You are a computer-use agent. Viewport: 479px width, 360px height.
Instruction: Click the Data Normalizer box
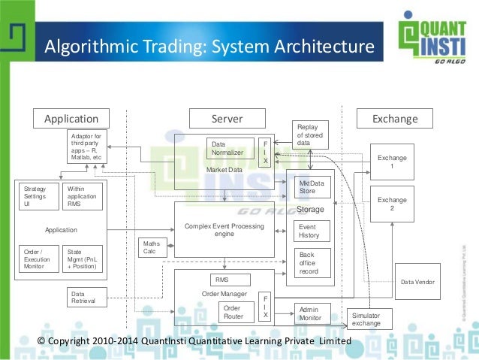230,149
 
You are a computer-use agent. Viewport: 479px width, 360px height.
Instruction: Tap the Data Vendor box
417,282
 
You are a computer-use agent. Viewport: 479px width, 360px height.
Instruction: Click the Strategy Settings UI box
37,196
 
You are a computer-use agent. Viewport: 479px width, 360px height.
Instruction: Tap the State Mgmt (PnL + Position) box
84,259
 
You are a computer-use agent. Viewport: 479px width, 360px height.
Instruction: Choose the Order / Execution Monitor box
37,259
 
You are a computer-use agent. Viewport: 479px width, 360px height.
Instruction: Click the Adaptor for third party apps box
87,146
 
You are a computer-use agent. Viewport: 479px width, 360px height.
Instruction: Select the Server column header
227,118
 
